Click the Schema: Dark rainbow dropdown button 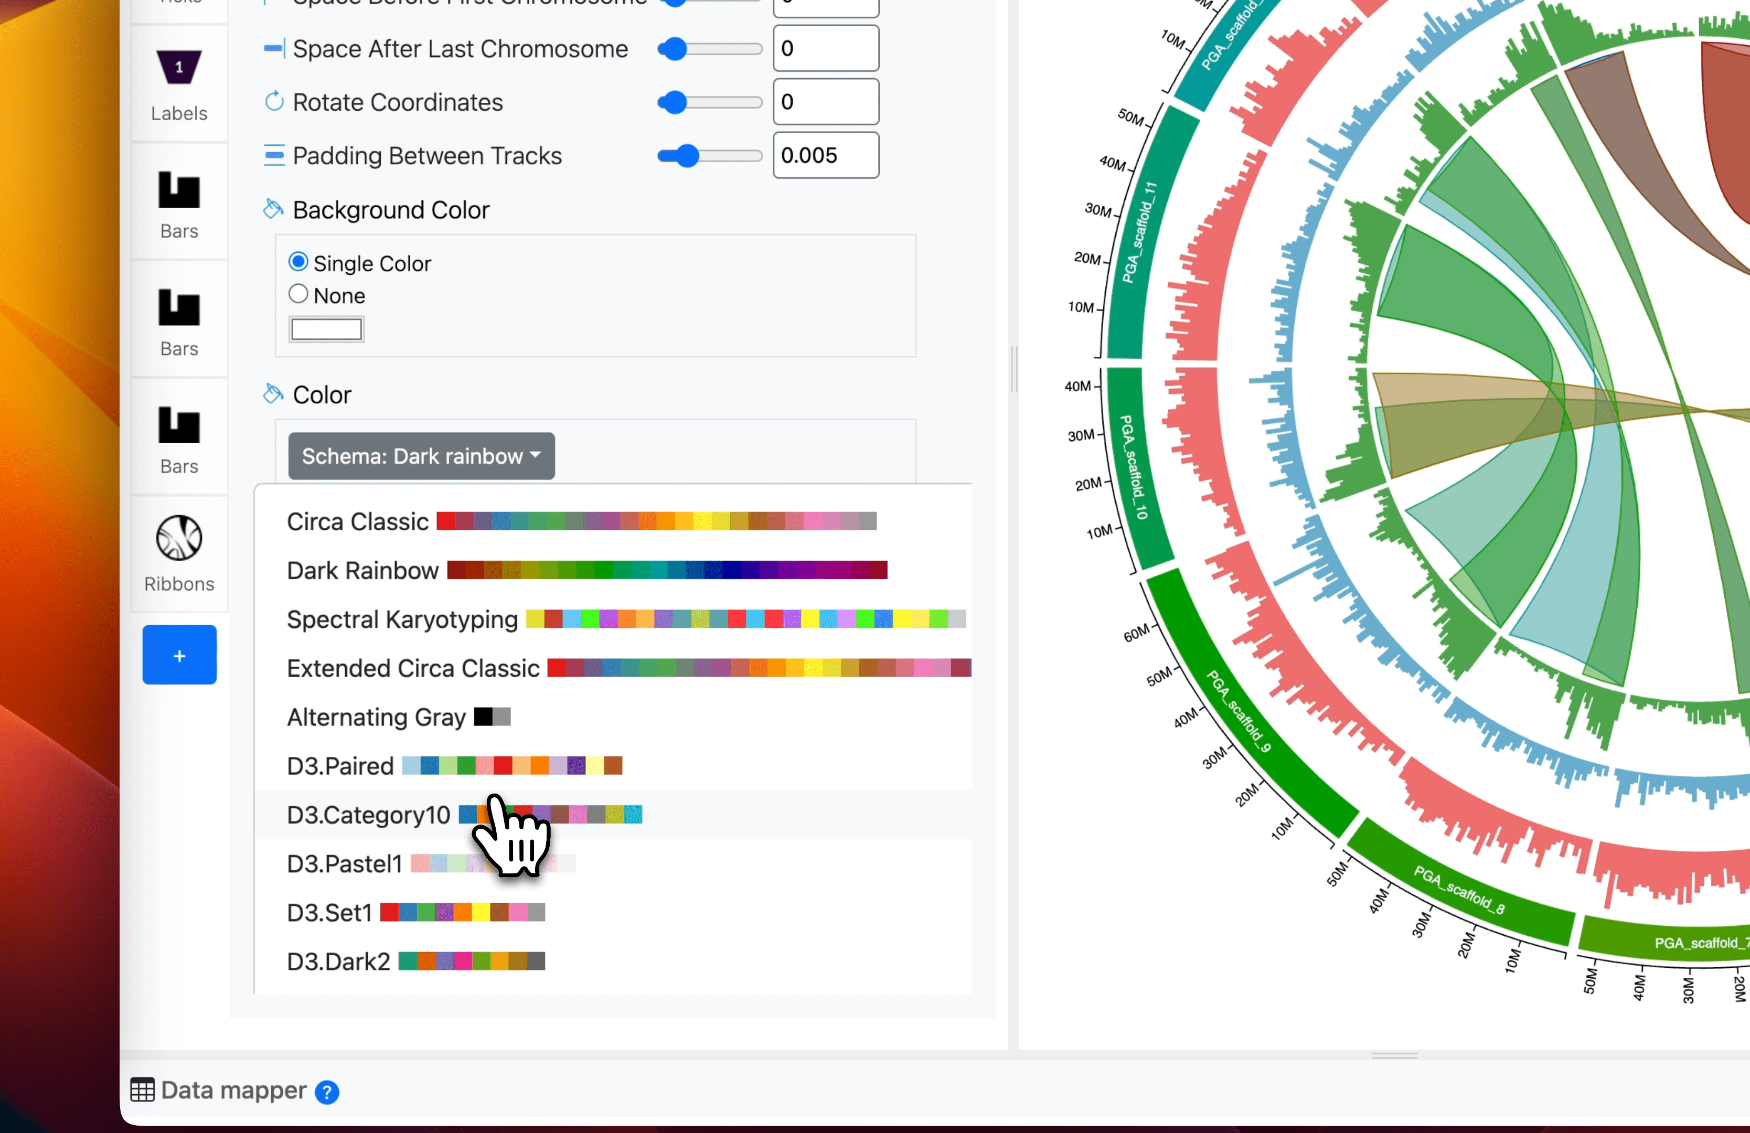pyautogui.click(x=421, y=456)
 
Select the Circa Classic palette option pyautogui.click(x=357, y=521)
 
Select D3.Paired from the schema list pyautogui.click(x=340, y=765)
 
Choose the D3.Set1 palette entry pyautogui.click(x=329, y=912)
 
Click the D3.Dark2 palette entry pyautogui.click(x=338, y=961)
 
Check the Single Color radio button pyautogui.click(x=298, y=262)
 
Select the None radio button pyautogui.click(x=298, y=294)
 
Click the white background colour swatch pyautogui.click(x=326, y=329)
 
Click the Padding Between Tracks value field pyautogui.click(x=825, y=155)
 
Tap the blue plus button pyautogui.click(x=179, y=655)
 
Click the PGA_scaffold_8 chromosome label pyautogui.click(x=1459, y=890)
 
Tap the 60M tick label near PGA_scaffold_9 pyautogui.click(x=1136, y=633)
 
